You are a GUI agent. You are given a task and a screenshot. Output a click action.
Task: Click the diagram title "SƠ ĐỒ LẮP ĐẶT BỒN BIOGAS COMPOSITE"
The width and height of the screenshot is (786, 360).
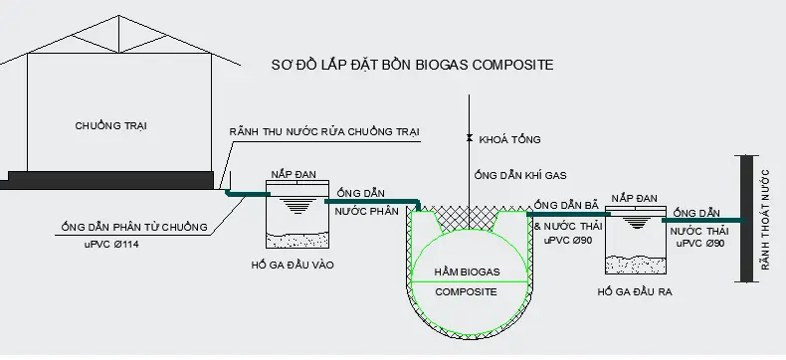point(412,65)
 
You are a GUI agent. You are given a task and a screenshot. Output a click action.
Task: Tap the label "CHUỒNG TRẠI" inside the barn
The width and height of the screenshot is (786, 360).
point(108,125)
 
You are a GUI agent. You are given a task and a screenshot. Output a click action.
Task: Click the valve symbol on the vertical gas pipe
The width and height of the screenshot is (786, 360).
point(469,138)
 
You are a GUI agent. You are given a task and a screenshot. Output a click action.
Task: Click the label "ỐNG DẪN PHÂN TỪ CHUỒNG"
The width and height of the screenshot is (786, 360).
point(132,228)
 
